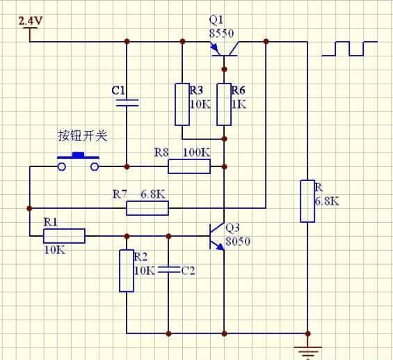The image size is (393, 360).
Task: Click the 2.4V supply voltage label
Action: (x=31, y=21)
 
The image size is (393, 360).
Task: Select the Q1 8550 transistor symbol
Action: (x=224, y=49)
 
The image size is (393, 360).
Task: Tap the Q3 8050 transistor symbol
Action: (x=217, y=236)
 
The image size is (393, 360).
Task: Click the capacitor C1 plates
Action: (x=127, y=102)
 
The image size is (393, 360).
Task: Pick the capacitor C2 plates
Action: (x=169, y=269)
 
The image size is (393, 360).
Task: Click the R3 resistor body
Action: (x=182, y=104)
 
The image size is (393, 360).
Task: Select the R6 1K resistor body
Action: (x=224, y=104)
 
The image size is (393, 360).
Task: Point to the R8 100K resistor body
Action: (x=189, y=166)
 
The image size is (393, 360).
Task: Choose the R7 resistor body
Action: (x=147, y=208)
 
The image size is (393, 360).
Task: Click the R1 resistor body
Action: (x=64, y=236)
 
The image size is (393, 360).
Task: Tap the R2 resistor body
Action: (x=127, y=271)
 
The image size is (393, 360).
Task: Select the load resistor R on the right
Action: (x=307, y=201)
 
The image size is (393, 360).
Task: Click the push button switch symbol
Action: (x=78, y=162)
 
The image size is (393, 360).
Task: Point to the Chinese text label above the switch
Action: (x=83, y=136)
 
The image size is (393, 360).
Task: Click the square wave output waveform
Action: (x=349, y=49)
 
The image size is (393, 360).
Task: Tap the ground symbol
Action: (x=307, y=352)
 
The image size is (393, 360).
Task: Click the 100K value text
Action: (x=196, y=152)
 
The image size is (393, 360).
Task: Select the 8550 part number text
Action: (x=222, y=33)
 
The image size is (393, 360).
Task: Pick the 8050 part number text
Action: (x=238, y=242)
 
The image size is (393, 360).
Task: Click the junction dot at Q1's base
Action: (x=224, y=69)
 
